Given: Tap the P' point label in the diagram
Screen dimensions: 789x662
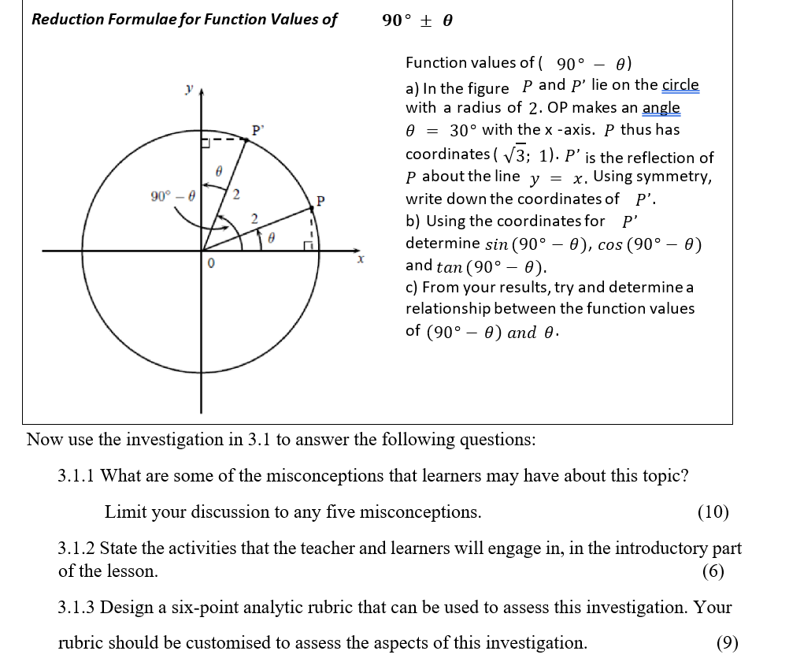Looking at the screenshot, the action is click(257, 128).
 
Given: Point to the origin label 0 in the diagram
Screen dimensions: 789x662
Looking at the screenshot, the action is click(210, 265).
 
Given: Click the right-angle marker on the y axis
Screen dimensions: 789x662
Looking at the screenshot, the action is click(206, 143).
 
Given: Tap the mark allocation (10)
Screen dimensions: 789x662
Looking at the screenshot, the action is click(713, 512).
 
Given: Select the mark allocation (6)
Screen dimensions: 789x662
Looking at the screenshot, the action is click(713, 571).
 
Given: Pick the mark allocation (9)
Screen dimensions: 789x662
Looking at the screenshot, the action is click(727, 642).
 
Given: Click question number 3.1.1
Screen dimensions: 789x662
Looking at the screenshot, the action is click(76, 476).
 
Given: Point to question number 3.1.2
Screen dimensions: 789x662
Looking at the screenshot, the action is click(76, 549).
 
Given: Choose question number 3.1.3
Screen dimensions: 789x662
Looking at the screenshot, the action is click(76, 608).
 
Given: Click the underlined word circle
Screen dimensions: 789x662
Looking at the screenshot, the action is click(680, 85).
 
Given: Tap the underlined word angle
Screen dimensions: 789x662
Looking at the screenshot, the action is click(661, 107).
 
